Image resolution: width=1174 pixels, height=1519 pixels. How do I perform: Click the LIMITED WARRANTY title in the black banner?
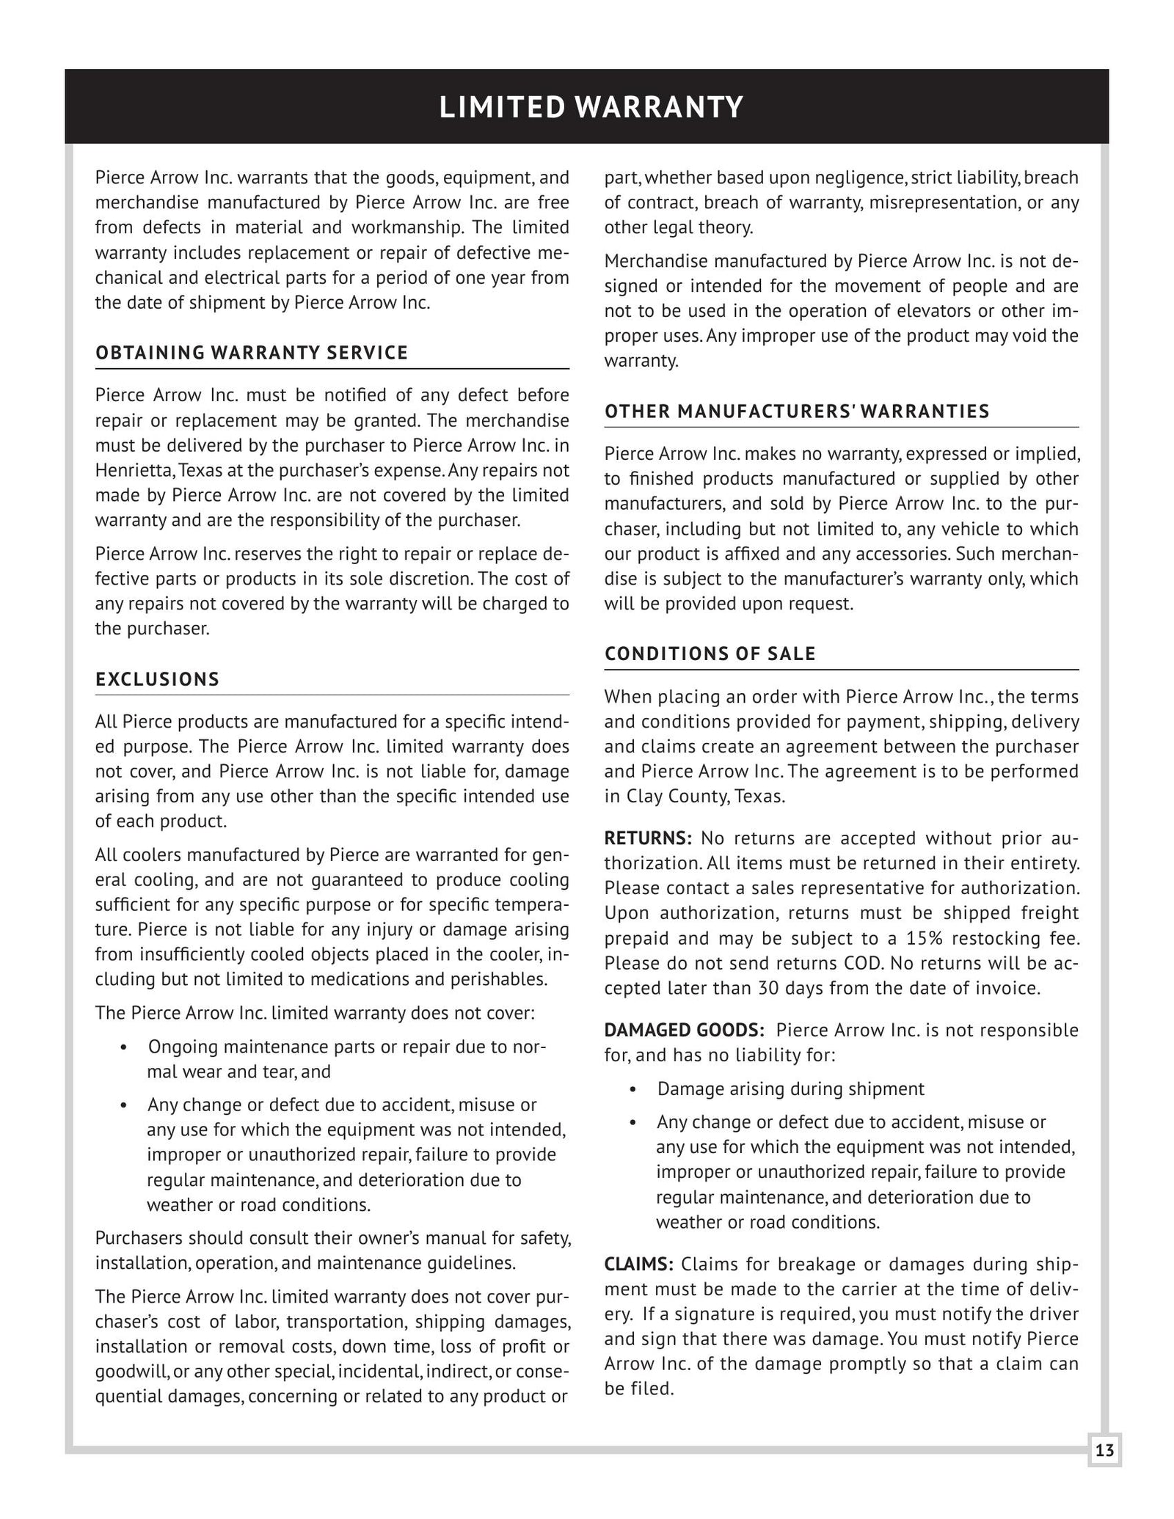591,107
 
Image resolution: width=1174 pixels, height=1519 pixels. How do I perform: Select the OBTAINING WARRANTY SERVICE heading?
252,353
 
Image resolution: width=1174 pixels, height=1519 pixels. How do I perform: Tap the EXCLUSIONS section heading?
158,679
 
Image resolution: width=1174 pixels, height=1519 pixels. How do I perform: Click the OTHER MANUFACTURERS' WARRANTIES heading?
797,411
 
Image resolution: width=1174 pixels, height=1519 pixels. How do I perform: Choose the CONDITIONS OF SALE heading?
710,654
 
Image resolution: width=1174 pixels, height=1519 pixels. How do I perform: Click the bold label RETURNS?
648,838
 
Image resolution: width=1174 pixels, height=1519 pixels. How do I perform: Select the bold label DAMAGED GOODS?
684,1030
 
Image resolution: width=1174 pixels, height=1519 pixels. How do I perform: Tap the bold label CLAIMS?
638,1264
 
